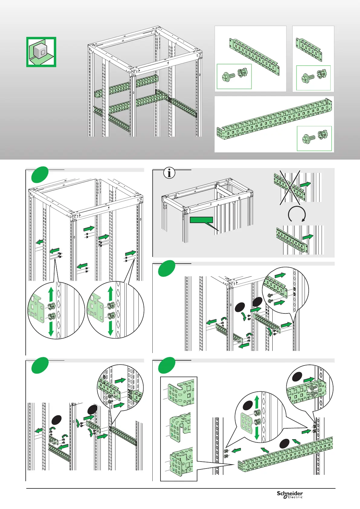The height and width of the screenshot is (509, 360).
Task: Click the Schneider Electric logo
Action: click(x=290, y=494)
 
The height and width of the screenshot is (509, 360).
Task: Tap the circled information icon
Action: click(x=169, y=173)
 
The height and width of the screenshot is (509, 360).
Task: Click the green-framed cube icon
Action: click(x=41, y=52)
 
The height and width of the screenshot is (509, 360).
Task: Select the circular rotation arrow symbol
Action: click(x=297, y=215)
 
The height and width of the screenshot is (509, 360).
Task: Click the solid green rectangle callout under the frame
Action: click(x=201, y=220)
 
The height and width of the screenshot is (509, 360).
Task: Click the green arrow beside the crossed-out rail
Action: click(x=306, y=184)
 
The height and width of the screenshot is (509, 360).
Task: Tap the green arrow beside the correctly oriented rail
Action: click(x=308, y=237)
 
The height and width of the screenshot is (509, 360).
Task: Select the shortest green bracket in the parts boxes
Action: click(x=309, y=49)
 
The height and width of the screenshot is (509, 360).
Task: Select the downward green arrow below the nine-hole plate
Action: click(x=257, y=433)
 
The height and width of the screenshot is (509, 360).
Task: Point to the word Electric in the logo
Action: click(x=295, y=497)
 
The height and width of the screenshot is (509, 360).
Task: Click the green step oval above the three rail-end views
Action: click(x=167, y=365)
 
